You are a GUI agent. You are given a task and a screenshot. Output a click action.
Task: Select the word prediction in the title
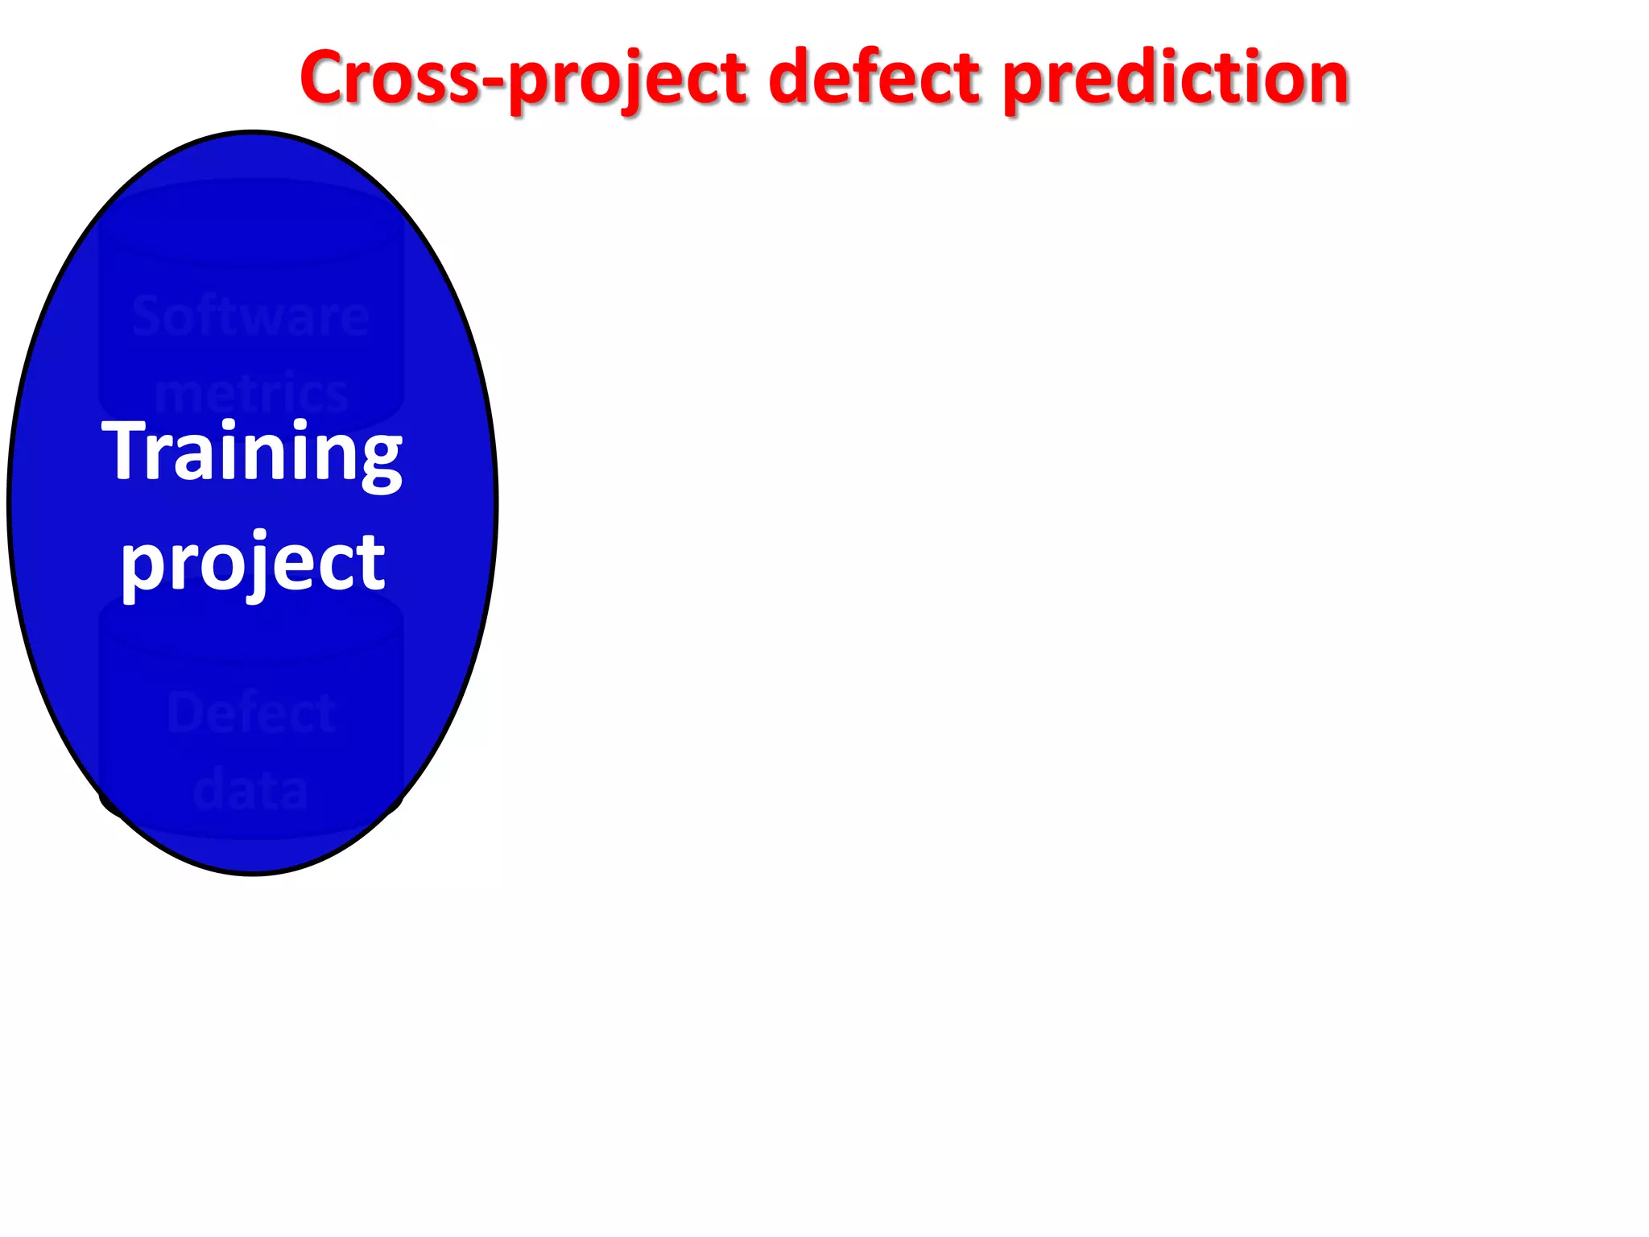point(1176,78)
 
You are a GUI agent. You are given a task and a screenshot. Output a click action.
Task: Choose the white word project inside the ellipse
point(252,562)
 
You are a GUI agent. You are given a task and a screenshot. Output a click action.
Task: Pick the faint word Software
point(250,316)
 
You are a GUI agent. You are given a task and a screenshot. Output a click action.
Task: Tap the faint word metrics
point(250,394)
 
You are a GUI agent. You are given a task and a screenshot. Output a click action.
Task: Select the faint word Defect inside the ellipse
point(250,714)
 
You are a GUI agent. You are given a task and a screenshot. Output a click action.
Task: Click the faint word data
point(250,790)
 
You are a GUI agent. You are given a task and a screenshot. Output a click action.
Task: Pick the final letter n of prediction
point(1324,81)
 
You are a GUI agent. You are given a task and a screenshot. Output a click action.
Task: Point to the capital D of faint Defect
point(183,714)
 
